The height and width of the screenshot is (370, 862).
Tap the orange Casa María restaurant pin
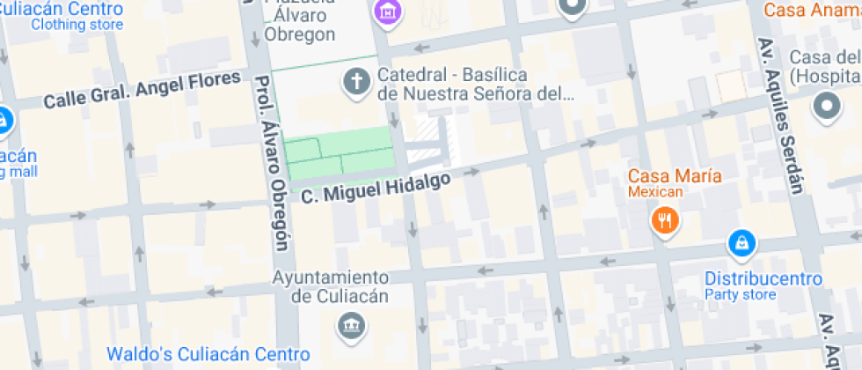point(666,220)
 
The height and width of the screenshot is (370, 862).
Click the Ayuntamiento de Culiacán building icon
point(351,327)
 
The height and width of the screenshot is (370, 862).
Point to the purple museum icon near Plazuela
point(385,11)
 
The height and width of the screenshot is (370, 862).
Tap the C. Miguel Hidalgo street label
point(376,188)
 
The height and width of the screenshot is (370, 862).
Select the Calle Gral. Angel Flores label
point(142,91)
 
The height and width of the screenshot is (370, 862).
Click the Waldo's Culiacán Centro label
point(208,354)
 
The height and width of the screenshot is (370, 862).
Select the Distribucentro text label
point(763,278)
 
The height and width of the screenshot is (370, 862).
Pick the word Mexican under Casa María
point(655,191)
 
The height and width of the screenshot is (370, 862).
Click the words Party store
point(741,295)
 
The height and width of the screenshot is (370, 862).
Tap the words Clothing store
point(77,25)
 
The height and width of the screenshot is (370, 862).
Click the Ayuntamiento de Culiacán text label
point(331,286)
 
